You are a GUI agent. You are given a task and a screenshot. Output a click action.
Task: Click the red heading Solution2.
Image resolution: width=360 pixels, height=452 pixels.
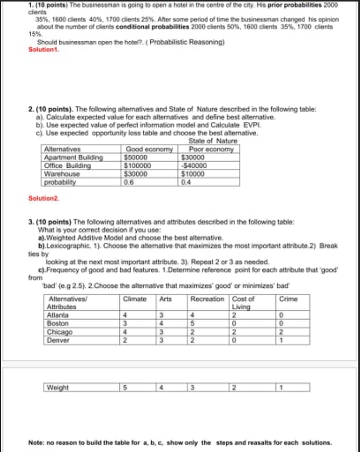44,199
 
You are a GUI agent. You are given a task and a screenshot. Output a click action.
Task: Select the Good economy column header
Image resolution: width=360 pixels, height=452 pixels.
148,150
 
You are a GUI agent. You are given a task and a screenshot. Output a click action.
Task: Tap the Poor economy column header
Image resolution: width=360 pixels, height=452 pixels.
211,150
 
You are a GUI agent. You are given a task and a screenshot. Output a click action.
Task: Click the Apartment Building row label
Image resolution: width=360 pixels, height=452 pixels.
74,157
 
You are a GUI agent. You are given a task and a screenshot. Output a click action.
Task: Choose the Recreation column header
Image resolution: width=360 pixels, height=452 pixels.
208,299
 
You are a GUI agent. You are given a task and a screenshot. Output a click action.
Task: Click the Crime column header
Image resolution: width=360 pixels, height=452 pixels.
286,299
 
